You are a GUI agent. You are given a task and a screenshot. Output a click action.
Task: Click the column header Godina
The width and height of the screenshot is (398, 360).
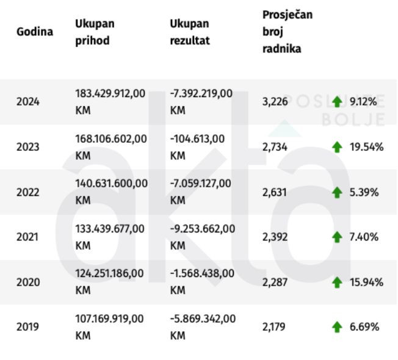(x=34, y=31)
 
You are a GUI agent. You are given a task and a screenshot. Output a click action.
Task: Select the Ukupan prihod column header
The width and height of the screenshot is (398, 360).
(x=95, y=32)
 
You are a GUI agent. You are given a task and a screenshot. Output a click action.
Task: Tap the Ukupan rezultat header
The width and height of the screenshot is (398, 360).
(x=190, y=32)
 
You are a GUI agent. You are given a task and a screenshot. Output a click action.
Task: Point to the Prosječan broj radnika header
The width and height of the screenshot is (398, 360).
(x=287, y=31)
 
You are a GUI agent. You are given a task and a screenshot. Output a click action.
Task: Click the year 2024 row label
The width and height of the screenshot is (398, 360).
(x=27, y=102)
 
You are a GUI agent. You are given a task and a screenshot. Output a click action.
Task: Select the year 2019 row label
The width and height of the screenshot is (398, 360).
(x=27, y=326)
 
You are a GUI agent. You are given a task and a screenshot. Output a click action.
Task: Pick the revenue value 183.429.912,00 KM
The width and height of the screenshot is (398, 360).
(x=110, y=102)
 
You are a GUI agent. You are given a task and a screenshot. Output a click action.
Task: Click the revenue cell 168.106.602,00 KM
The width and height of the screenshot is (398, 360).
(x=110, y=147)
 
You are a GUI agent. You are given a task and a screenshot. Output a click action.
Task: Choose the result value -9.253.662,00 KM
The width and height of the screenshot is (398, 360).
(x=201, y=237)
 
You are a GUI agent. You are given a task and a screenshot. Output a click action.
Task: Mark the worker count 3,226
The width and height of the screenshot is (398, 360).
(x=275, y=102)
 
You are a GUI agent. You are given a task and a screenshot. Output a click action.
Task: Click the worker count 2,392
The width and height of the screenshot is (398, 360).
(x=275, y=237)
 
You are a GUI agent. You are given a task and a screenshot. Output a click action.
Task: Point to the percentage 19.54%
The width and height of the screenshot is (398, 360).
(x=366, y=147)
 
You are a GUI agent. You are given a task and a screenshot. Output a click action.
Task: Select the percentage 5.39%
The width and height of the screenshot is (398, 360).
(x=364, y=192)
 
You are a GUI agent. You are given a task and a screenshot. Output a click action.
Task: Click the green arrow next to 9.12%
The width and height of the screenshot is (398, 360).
(x=336, y=102)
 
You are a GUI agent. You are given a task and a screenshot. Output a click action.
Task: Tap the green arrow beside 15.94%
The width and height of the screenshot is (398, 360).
(x=336, y=282)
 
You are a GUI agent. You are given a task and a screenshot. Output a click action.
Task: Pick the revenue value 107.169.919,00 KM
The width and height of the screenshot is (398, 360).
(x=110, y=326)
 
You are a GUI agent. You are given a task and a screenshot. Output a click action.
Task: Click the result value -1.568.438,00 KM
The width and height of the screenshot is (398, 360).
(x=201, y=281)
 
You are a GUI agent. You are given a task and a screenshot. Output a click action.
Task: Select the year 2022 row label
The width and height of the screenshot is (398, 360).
(x=27, y=192)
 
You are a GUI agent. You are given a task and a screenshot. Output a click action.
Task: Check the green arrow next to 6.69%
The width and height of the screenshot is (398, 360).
(x=336, y=327)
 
